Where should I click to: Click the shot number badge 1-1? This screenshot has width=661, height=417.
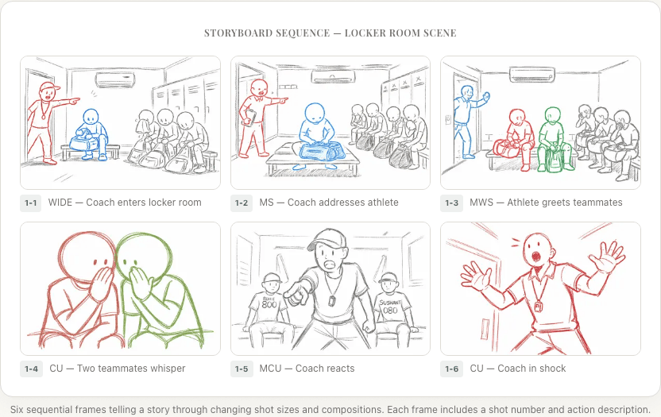pyautogui.click(x=31, y=203)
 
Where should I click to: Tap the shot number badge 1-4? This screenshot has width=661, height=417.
pyautogui.click(x=31, y=369)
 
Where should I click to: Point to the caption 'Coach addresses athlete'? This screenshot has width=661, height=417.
pyautogui.click(x=329, y=203)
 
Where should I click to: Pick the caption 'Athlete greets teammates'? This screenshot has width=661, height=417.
pyautogui.click(x=546, y=203)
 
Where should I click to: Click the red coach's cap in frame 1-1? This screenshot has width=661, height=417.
pyautogui.click(x=48, y=87)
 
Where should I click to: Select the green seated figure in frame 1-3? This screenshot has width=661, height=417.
pyautogui.click(x=553, y=137)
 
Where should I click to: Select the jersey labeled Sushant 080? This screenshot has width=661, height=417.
pyautogui.click(x=389, y=305)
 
